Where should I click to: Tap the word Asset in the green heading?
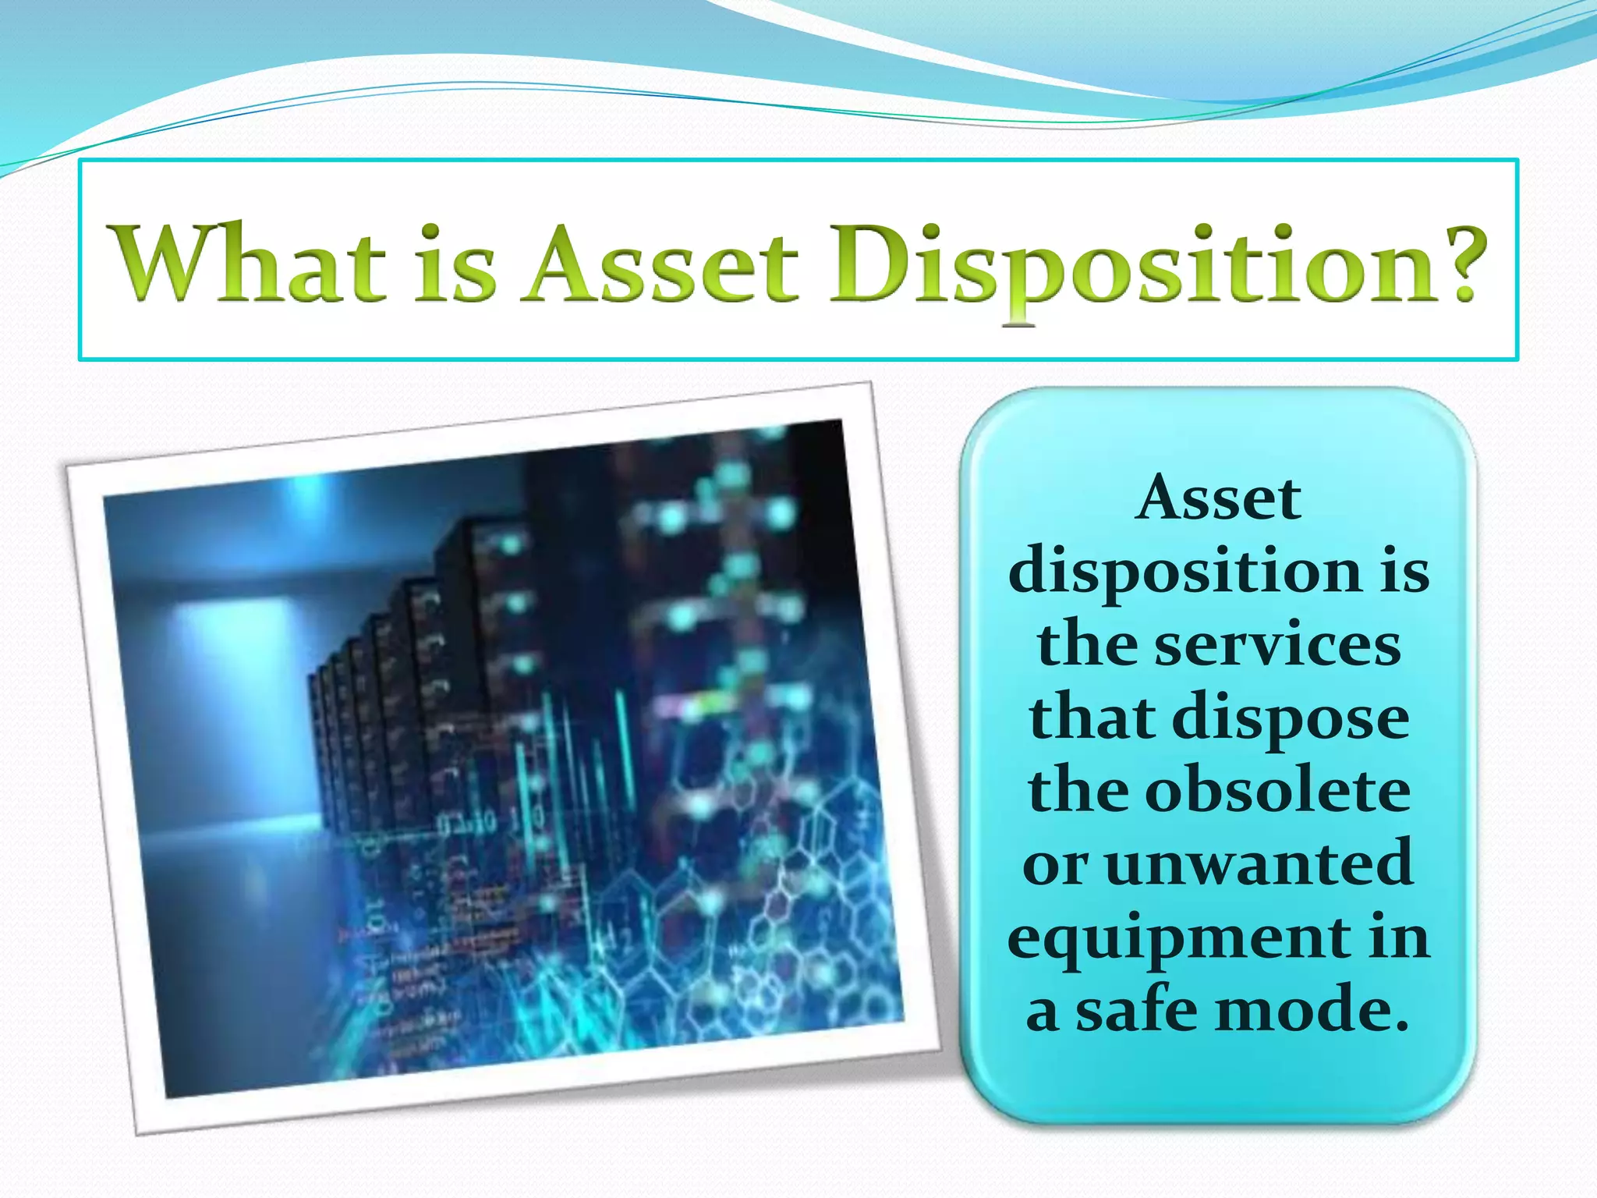click(661, 263)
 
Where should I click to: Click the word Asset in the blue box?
click(1218, 499)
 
